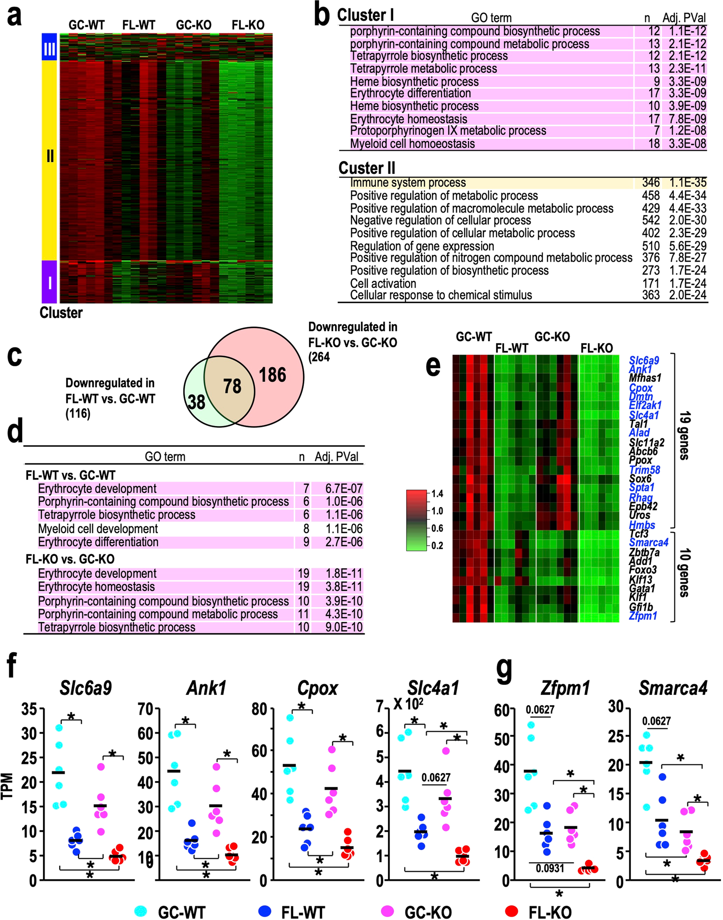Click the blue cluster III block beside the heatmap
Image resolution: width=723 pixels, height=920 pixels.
coord(49,47)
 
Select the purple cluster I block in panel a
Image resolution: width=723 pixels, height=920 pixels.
coord(49,282)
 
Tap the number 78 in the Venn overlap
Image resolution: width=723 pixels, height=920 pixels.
coord(232,386)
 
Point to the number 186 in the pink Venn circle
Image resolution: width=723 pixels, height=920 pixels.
coord(272,375)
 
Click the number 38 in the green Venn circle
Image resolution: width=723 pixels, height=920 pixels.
coord(196,401)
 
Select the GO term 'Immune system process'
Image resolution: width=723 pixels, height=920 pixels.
coord(408,183)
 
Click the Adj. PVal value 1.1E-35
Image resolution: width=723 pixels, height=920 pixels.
coord(687,183)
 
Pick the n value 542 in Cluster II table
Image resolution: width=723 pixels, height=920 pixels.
coord(651,220)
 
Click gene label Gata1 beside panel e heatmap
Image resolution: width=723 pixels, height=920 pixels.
coord(642,588)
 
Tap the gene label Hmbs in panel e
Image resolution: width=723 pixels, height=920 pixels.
coord(642,525)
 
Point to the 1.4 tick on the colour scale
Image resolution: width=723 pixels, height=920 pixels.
coord(437,493)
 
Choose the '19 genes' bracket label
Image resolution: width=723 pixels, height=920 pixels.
coord(684,435)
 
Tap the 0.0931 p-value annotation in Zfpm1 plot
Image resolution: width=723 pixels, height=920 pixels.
coord(550,868)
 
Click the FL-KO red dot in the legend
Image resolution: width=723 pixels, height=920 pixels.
coord(511,911)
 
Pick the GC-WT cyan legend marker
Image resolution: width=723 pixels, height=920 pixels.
coord(140,911)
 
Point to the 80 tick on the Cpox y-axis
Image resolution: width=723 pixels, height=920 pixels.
coord(259,709)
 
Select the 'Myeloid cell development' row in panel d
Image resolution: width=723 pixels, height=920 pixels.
coord(98,529)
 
